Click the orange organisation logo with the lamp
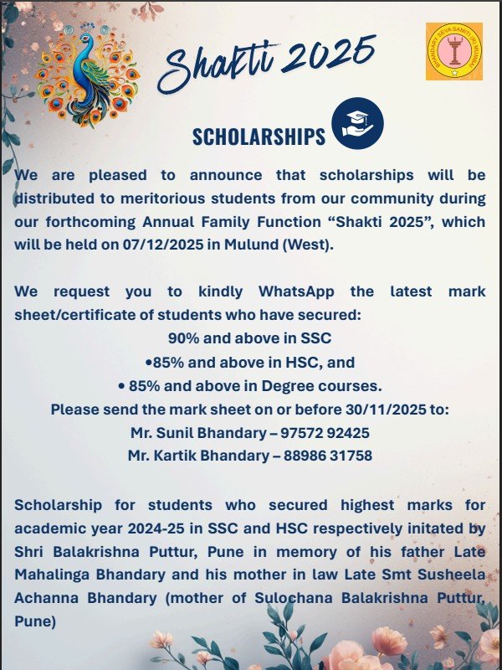(x=453, y=52)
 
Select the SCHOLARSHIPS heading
(x=259, y=137)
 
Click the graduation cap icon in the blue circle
(x=357, y=123)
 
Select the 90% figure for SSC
(x=183, y=339)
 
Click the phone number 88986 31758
(x=322, y=456)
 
